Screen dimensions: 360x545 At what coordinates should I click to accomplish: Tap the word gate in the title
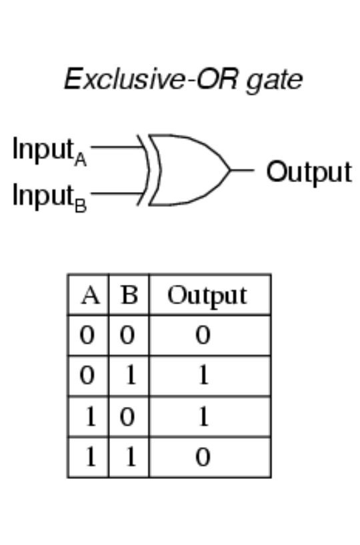pos(275,81)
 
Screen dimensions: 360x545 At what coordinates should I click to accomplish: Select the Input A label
pos(49,151)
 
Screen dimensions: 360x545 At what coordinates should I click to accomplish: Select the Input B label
pos(49,197)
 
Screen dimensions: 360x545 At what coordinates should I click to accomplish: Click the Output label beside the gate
pos(309,172)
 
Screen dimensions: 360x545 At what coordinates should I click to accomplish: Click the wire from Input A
pos(117,147)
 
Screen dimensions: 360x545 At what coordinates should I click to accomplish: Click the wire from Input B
pos(117,193)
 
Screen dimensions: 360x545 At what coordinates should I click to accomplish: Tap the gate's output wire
pos(242,170)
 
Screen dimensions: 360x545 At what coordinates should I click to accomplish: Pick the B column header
pos(129,296)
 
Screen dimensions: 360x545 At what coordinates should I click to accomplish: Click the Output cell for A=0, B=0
pos(203,336)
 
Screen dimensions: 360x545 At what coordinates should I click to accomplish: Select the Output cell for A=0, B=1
pos(203,376)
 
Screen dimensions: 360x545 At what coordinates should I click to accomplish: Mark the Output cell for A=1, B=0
pos(203,416)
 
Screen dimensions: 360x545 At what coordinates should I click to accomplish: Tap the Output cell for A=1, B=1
pos(203,457)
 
